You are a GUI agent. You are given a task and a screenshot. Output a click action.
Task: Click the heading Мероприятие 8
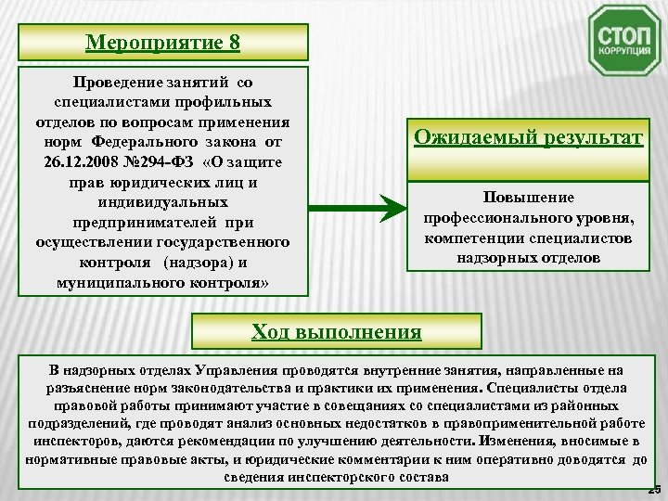point(161,43)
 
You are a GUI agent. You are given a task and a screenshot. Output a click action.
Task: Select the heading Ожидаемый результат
point(527,137)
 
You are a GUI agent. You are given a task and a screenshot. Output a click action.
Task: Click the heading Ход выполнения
point(336,331)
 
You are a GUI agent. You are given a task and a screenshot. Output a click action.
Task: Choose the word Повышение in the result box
point(528,198)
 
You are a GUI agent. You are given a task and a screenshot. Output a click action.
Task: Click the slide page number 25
point(655,488)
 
